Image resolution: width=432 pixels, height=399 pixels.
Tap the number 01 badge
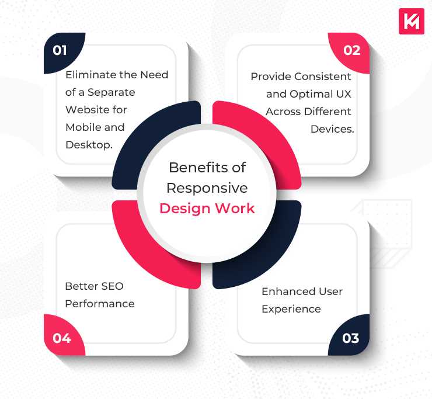coord(60,50)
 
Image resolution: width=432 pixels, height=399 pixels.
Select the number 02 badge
coord(351,50)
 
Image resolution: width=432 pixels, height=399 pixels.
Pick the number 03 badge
coord(351,338)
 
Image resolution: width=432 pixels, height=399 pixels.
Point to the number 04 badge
coord(62,338)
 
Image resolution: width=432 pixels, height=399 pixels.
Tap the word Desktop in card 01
coord(88,145)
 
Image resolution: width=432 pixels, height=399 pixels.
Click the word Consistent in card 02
coord(323,77)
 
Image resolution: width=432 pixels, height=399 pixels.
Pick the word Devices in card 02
coord(332,129)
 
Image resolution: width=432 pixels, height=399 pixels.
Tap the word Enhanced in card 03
coord(284,291)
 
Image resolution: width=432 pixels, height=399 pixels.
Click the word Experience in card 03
coord(291,308)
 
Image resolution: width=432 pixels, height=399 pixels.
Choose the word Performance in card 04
coord(99,304)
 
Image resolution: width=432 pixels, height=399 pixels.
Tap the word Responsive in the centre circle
coord(207,188)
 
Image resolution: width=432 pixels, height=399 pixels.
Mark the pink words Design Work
coord(207,209)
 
